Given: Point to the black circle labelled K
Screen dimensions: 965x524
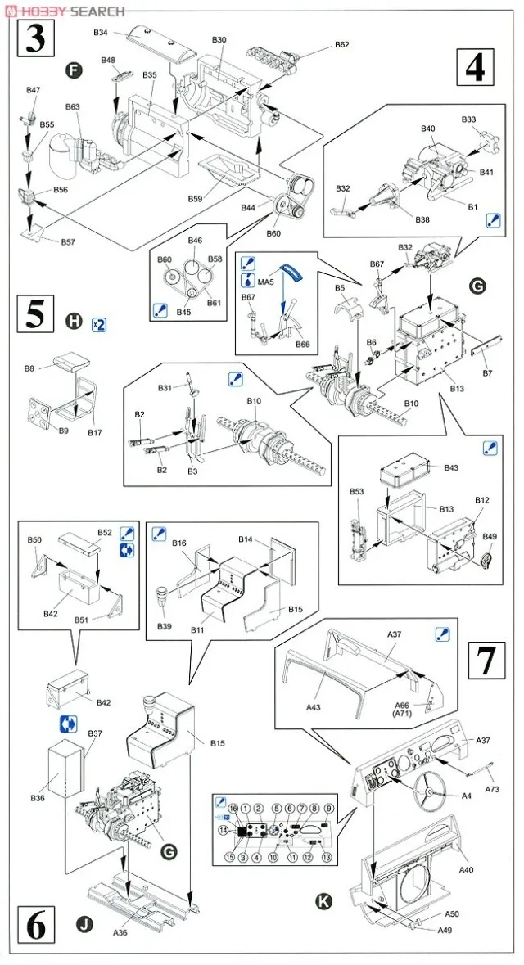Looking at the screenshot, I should [325, 903].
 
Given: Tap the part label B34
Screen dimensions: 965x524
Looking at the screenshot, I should [101, 32].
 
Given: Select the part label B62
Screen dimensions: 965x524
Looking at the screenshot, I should [341, 44].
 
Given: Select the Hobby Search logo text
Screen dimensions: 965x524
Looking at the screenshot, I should [65, 11].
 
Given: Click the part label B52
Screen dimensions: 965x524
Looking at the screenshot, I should [105, 533].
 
